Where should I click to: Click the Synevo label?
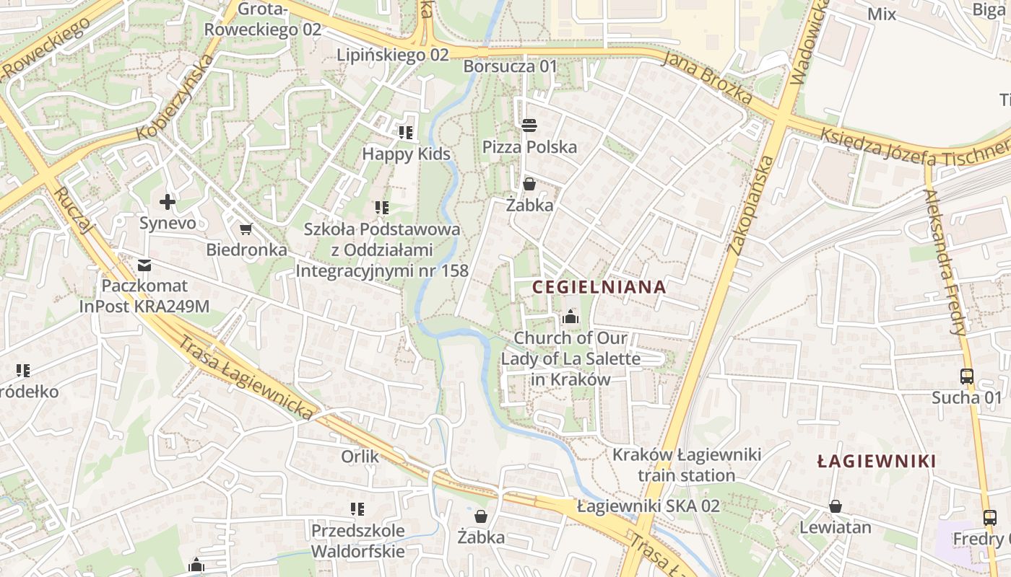point(168,223)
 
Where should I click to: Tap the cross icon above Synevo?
point(168,202)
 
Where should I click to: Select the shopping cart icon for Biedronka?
point(246,229)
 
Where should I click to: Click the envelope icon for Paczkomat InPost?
point(144,265)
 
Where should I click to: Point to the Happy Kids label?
point(406,154)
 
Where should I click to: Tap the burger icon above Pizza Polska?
point(529,125)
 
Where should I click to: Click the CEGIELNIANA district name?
point(599,286)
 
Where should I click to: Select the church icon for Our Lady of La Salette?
point(570,317)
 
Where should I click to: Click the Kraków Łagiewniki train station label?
point(686,465)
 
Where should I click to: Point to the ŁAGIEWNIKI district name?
point(877,461)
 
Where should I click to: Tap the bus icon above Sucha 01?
point(967,376)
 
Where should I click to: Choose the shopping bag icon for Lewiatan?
point(836,506)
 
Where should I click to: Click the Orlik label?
point(360,457)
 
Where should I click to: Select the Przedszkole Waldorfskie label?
point(357,541)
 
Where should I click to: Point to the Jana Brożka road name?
point(708,77)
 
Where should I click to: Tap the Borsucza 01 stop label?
point(511,66)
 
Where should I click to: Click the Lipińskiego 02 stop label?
point(393,55)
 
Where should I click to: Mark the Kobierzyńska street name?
point(175,98)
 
